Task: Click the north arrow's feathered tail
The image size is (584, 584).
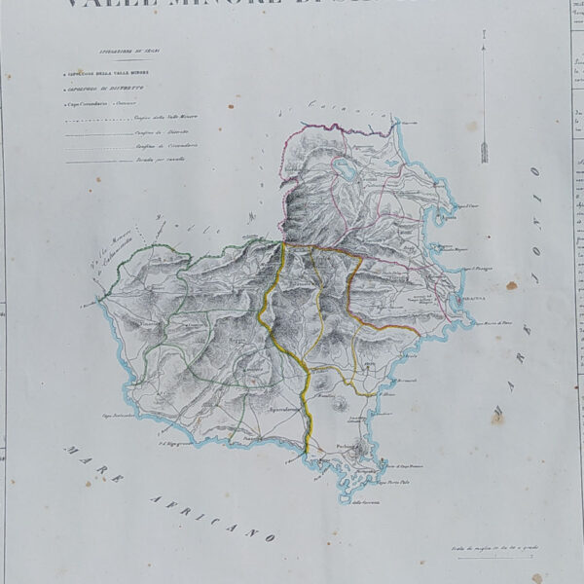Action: click(x=483, y=151)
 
